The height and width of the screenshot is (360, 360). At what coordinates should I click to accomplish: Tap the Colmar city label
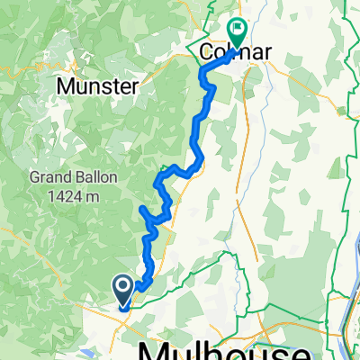coord(234,54)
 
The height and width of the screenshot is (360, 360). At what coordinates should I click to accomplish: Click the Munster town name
coord(97,86)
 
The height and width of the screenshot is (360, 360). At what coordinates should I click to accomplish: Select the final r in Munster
coord(132,86)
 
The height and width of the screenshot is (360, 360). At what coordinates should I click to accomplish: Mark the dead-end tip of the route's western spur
coord(142,210)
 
